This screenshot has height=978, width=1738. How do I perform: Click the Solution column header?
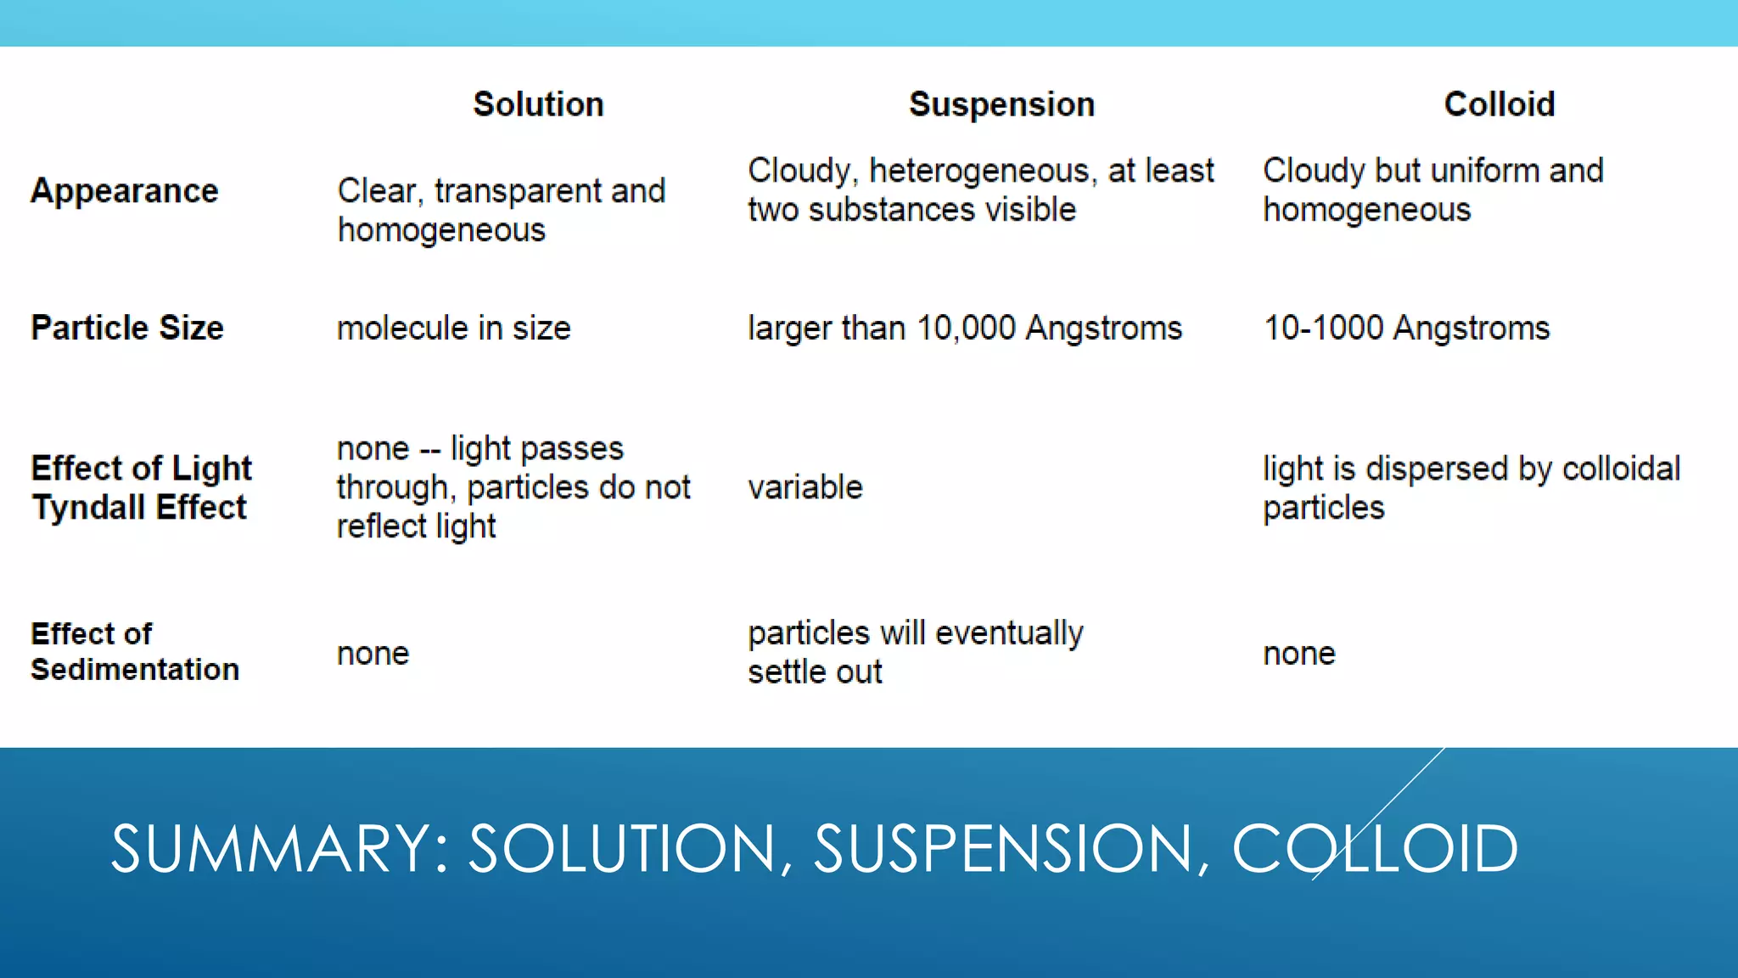coord(538,104)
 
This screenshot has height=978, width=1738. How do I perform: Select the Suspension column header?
coord(1001,104)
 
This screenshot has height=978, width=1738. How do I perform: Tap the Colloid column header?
coord(1499,104)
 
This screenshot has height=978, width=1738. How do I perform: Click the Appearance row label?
coord(125,191)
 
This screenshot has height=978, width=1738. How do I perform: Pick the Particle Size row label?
coord(127,328)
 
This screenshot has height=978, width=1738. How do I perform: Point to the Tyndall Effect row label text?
coord(140,508)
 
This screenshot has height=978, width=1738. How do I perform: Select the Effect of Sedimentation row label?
coord(135,652)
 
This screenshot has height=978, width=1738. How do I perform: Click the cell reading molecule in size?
coord(454,328)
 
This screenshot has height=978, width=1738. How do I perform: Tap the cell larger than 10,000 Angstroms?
coord(965,328)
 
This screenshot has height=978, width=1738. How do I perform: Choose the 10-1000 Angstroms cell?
coord(1406,328)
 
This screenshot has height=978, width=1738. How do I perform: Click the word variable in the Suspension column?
coord(805,487)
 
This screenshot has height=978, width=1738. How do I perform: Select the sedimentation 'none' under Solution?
coord(373,654)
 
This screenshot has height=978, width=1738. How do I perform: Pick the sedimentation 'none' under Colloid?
coord(1299,654)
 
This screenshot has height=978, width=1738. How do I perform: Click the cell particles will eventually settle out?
coord(915,652)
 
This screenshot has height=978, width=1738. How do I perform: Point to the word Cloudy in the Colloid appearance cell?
coord(1313,171)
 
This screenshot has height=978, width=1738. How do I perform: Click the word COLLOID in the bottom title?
coord(1375,848)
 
